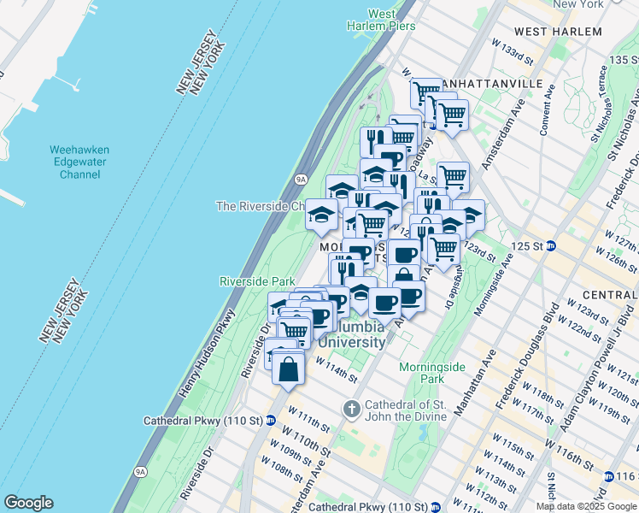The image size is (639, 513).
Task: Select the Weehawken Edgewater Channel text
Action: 79,162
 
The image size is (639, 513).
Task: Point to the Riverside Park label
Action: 257,281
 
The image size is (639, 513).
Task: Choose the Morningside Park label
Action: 432,372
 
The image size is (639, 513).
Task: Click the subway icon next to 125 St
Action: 552,246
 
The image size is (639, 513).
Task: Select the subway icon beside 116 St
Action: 607,476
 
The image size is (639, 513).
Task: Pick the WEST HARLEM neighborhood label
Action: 558,32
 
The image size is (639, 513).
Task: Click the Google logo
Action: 28,503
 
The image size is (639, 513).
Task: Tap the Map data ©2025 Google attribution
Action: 587,506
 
